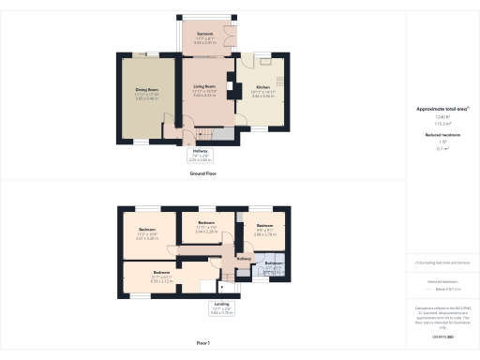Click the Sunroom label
(x=205, y=35)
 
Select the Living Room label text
(x=205, y=87)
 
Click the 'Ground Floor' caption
(x=203, y=174)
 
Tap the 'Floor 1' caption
(x=203, y=344)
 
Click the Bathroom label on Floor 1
(x=273, y=263)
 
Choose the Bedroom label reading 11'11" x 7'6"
(x=206, y=222)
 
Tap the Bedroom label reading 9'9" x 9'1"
(x=264, y=226)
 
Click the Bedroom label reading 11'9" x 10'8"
(x=147, y=230)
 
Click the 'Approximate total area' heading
(x=442, y=109)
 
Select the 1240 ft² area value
(x=441, y=117)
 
